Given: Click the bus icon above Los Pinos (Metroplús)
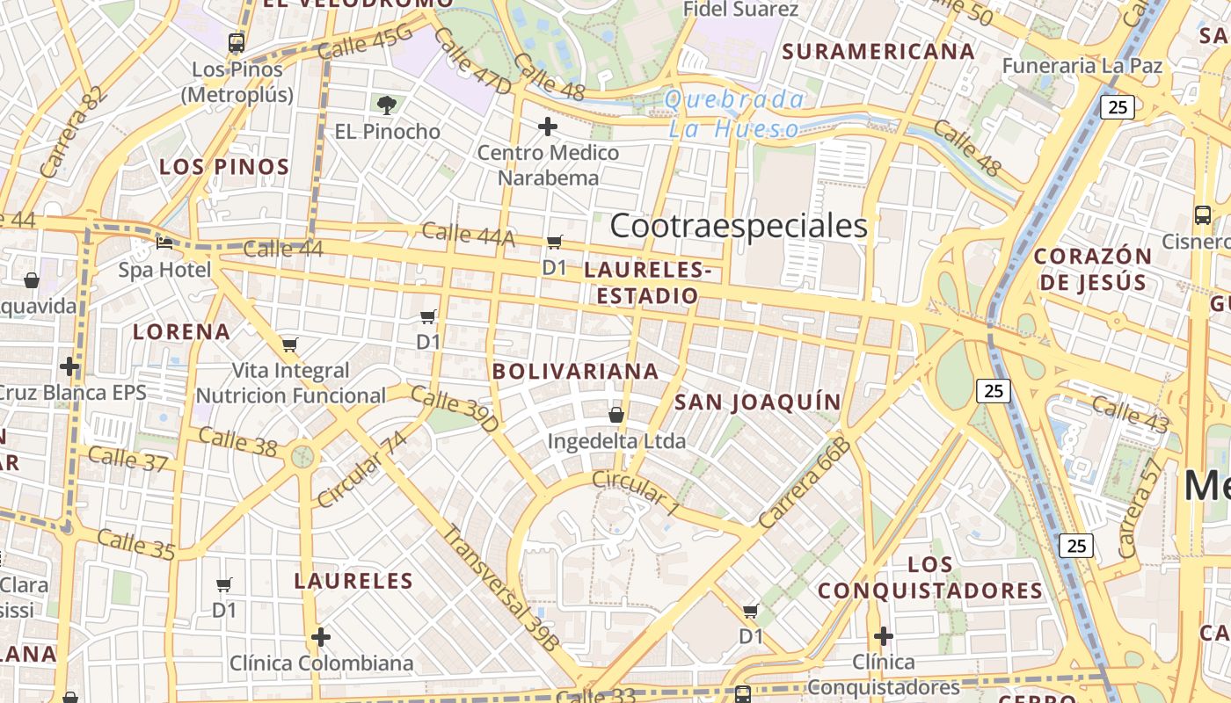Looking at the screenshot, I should tap(236, 42).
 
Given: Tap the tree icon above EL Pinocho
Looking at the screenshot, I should tap(386, 105).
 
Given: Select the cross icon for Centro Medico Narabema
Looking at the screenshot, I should tap(547, 127).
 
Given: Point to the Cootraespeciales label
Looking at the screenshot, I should tap(739, 226).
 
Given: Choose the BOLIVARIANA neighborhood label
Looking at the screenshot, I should tap(576, 371).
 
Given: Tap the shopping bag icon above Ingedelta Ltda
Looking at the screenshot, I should tap(615, 415).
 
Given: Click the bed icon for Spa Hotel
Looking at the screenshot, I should tap(164, 243).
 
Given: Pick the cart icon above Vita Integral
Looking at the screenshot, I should tap(290, 344).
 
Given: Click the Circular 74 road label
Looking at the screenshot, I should tap(362, 468).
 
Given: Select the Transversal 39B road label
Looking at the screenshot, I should tap(500, 588).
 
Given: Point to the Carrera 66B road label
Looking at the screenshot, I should tap(805, 484).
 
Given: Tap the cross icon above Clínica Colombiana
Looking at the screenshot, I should tap(321, 636).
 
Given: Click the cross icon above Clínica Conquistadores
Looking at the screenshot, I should tap(884, 635).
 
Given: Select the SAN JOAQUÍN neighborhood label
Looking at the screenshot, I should tap(758, 402).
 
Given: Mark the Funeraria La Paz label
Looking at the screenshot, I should tap(1082, 66).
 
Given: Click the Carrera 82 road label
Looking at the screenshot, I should tap(65, 132).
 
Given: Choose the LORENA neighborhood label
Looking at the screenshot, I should tap(181, 332).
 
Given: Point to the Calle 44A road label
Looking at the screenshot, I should tap(468, 234).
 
